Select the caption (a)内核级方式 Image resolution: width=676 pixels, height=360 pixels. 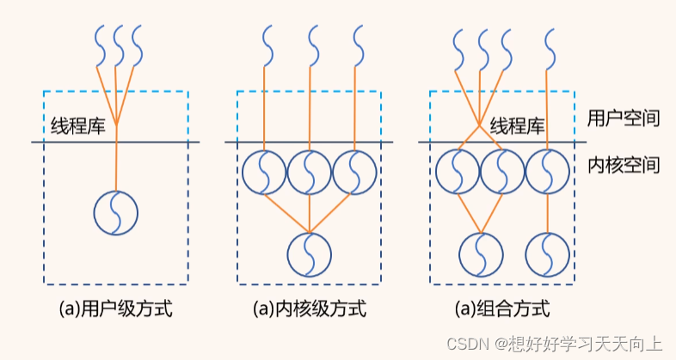(x=309, y=308)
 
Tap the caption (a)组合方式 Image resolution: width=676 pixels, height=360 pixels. (x=502, y=308)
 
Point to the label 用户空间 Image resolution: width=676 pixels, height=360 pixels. (x=624, y=118)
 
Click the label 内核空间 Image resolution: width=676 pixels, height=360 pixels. (x=624, y=164)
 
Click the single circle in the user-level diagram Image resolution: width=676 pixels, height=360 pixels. (x=116, y=211)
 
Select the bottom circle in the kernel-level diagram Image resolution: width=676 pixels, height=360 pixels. (x=310, y=253)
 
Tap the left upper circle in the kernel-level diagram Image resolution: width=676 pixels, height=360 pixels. (x=264, y=173)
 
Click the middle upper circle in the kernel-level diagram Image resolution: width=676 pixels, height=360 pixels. (x=310, y=173)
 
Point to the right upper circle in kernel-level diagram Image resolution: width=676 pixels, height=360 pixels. (x=354, y=173)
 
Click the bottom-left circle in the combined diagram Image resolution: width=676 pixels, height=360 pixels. (x=481, y=253)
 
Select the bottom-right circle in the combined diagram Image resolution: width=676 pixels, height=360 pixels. (x=548, y=253)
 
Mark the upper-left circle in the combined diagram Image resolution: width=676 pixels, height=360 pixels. (x=457, y=173)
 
